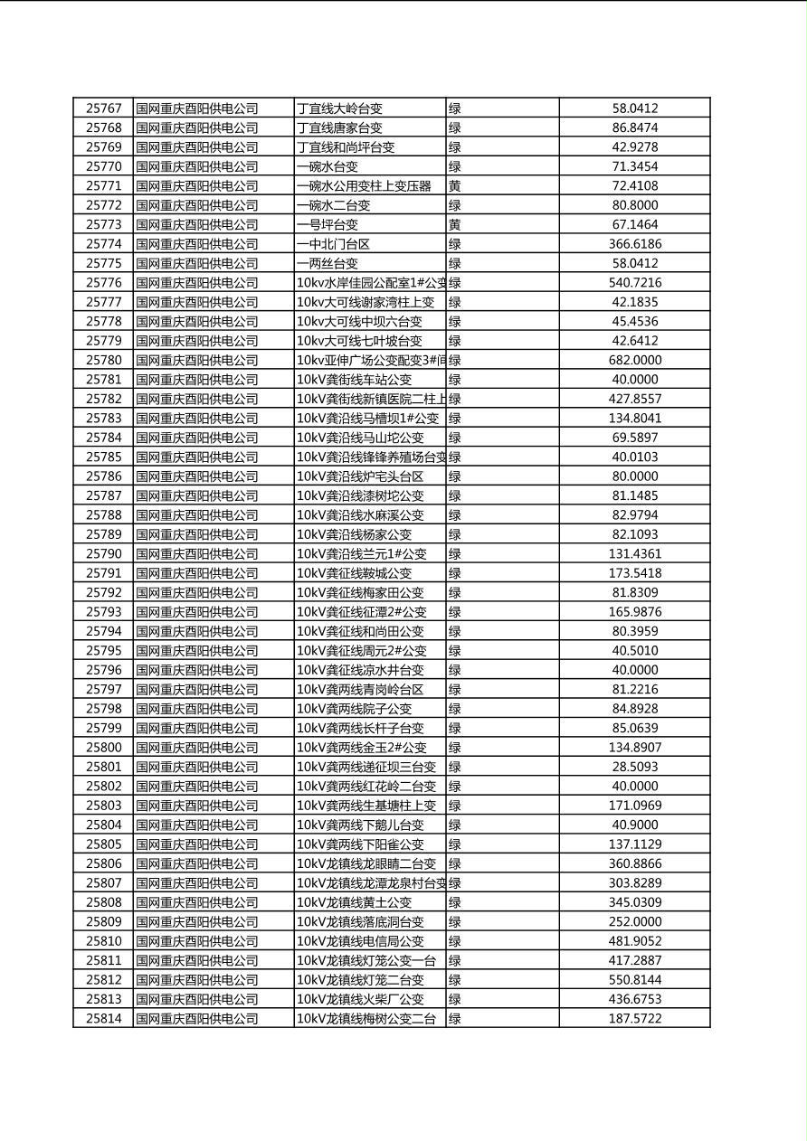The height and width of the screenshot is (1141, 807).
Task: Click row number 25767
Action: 103,108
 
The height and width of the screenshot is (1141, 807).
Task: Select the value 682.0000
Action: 634,360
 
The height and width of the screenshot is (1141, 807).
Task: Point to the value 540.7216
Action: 634,283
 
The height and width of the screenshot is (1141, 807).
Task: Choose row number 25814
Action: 103,1019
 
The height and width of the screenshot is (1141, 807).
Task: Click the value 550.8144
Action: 634,980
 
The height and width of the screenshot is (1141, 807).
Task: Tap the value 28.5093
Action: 634,767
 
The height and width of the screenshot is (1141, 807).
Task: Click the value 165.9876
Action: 634,612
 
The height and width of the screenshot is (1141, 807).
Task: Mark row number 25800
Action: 103,748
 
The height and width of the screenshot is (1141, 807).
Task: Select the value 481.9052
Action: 634,941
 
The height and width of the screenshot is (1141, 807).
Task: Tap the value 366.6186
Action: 634,244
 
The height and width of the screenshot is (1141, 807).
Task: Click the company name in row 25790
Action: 196,554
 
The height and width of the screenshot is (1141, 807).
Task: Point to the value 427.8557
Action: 634,399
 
